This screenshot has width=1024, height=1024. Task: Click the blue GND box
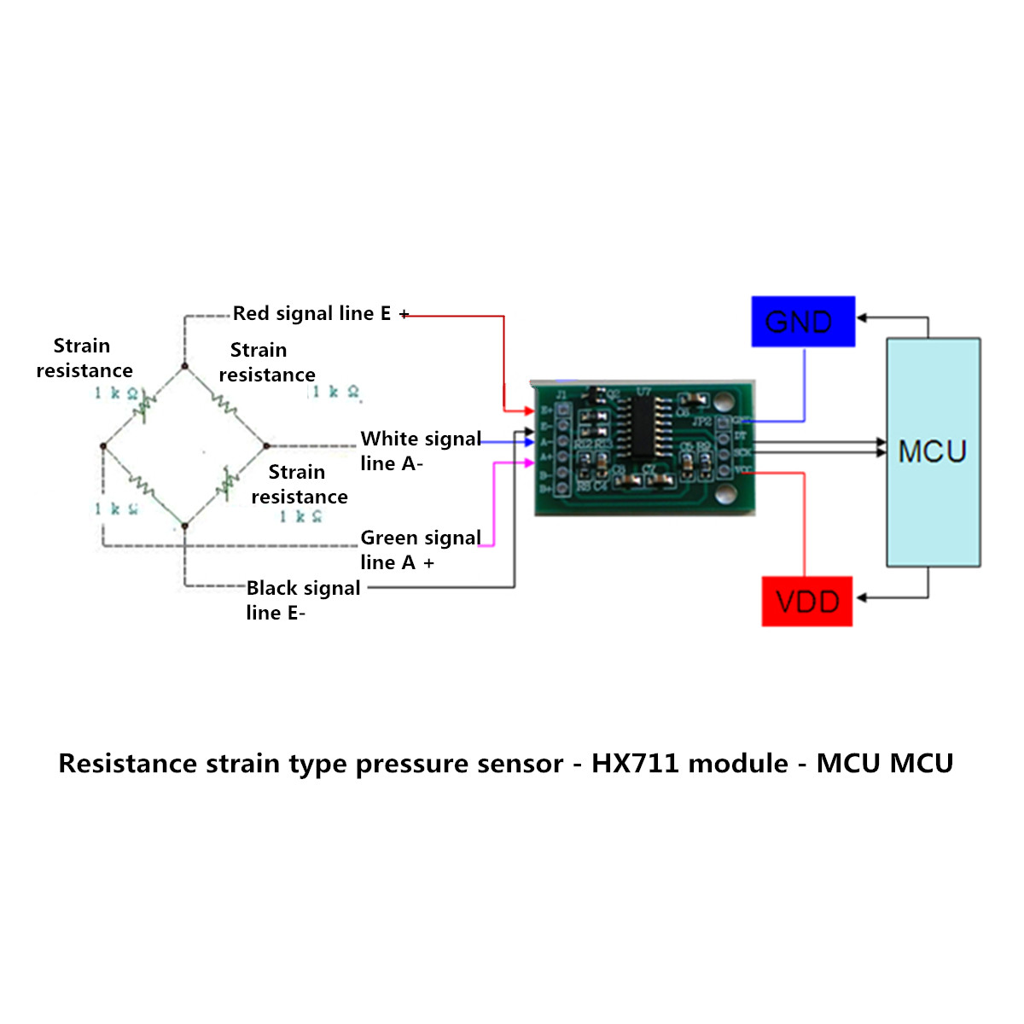[803, 322]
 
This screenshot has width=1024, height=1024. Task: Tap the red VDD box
[807, 602]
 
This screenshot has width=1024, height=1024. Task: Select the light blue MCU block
[933, 452]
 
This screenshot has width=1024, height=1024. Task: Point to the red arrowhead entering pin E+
[530, 411]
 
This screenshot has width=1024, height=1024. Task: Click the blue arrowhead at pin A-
[530, 442]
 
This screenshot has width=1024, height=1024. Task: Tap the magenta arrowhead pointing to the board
[530, 463]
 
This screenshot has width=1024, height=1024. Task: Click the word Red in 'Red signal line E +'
[251, 314]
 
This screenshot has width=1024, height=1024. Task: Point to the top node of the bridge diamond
[184, 366]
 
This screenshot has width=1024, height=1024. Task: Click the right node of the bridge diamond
[266, 445]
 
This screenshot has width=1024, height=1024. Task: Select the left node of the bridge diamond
[103, 445]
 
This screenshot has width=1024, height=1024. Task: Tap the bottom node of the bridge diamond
[184, 526]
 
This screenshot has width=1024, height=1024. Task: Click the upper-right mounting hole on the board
[724, 400]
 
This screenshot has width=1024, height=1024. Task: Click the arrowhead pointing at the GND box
[862, 318]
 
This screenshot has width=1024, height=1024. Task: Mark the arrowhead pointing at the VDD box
[861, 597]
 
